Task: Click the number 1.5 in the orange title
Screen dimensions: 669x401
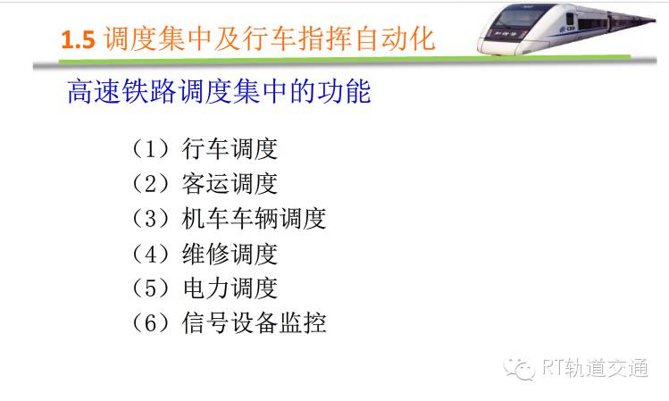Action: (78, 39)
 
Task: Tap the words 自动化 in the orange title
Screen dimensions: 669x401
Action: (395, 38)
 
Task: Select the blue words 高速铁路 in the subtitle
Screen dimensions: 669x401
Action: (121, 91)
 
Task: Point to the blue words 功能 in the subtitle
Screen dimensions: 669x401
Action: (344, 91)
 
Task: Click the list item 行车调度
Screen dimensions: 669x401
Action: (230, 149)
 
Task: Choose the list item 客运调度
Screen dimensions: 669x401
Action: (230, 183)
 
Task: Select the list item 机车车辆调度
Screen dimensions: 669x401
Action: (255, 219)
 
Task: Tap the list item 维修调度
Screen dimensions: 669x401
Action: (230, 254)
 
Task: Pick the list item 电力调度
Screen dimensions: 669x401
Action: (230, 288)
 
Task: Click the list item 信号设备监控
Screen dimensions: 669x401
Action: (255, 322)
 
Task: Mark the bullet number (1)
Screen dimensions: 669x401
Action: (151, 149)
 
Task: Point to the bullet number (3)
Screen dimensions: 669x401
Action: (151, 219)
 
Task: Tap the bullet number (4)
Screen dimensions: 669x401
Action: (151, 254)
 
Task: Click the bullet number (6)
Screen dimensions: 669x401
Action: (151, 322)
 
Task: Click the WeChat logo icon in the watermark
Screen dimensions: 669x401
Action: (519, 369)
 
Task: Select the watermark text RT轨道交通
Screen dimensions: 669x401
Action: (595, 368)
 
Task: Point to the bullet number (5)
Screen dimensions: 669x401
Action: (151, 288)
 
